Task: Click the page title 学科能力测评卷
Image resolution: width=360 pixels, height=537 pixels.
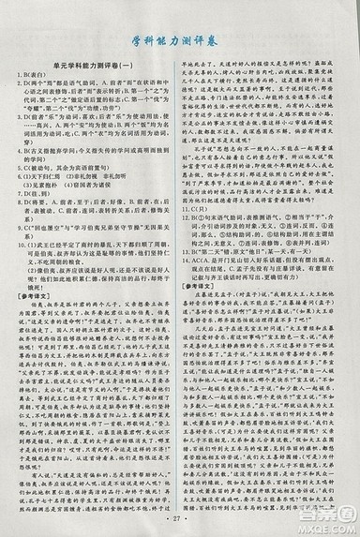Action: [x=180, y=38]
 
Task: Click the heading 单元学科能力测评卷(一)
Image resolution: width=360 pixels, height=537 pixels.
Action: [x=93, y=75]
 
